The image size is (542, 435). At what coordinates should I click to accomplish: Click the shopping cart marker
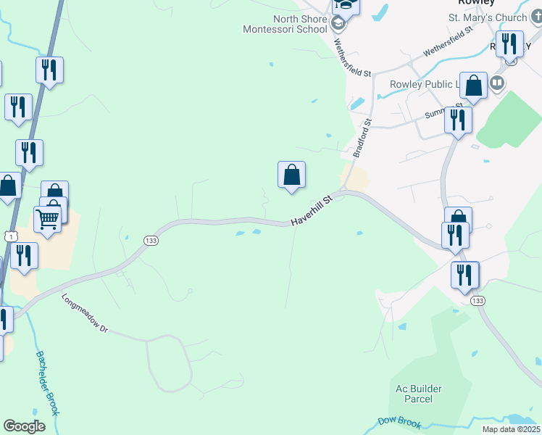coord(48,217)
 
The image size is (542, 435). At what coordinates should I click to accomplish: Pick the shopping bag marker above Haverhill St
coord(291,175)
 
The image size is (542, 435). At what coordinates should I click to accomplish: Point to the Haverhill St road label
coord(311,211)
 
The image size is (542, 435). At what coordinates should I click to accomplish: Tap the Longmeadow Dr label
coord(85,313)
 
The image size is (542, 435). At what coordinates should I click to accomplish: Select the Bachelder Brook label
coord(47,384)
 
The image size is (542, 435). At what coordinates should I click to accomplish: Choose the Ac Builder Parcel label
coord(419,394)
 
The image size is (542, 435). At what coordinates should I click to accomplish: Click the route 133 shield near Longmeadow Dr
coord(150,241)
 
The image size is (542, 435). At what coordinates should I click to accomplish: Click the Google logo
coord(25,426)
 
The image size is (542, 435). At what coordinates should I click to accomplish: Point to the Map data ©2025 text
coord(511,429)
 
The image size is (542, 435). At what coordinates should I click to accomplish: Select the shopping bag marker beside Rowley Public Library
coord(473,86)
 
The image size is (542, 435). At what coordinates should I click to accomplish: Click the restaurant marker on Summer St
coord(457,120)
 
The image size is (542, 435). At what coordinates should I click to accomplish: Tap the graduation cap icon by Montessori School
coord(337,24)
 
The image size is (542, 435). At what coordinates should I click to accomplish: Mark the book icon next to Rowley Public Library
coord(497,83)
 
